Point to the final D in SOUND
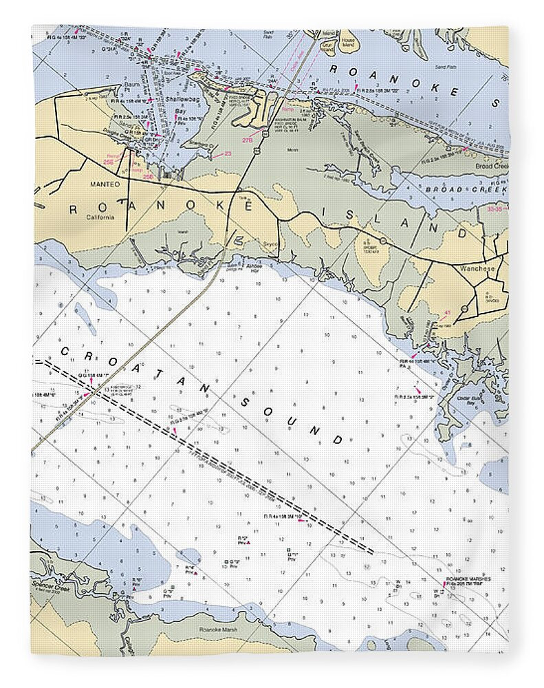tap(337, 440)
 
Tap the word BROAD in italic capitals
tap(443, 189)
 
